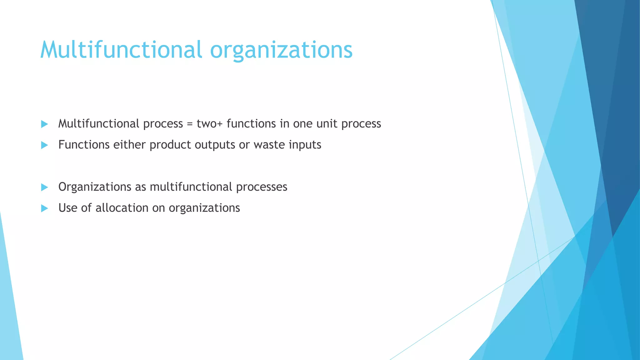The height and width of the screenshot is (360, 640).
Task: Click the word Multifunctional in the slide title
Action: tap(121, 50)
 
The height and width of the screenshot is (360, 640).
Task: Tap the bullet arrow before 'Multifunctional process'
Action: tap(44, 124)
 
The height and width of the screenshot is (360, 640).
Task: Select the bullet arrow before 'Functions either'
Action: tap(44, 145)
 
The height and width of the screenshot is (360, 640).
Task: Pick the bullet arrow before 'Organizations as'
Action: tap(44, 187)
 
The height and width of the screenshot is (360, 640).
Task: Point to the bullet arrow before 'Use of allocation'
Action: tap(44, 208)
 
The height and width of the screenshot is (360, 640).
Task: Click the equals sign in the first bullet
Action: tap(190, 124)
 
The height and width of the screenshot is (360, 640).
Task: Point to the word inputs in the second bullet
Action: tap(305, 145)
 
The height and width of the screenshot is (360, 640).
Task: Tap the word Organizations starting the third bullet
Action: tap(95, 187)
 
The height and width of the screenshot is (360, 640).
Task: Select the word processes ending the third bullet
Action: tap(262, 187)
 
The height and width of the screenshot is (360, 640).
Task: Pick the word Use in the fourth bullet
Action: tap(68, 208)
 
